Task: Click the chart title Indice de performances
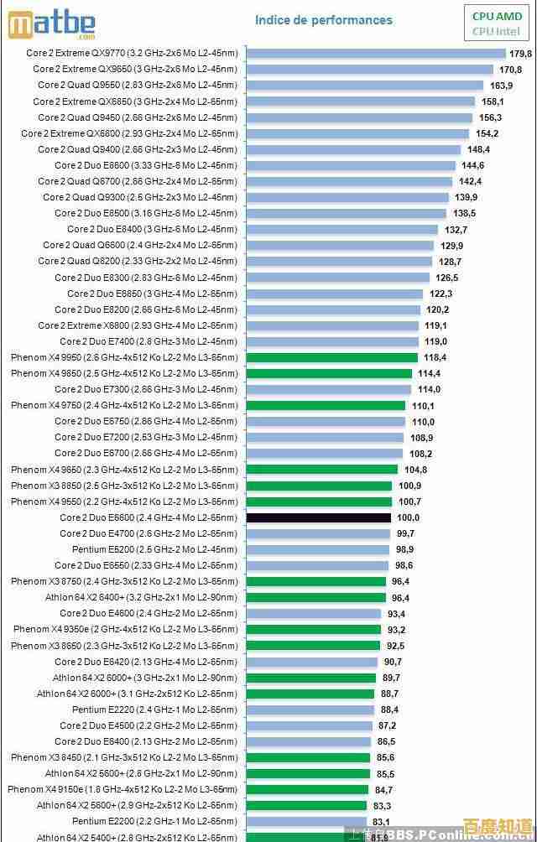tap(323, 20)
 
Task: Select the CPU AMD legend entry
tap(497, 16)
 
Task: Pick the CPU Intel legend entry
tap(497, 32)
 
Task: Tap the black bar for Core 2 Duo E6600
tap(320, 517)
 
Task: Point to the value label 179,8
tap(521, 53)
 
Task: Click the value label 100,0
tap(408, 517)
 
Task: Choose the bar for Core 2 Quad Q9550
tap(365, 85)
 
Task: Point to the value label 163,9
tap(501, 85)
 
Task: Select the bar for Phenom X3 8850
tap(319, 486)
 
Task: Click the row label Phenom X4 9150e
tap(123, 789)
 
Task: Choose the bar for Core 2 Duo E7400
tap(332, 341)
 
